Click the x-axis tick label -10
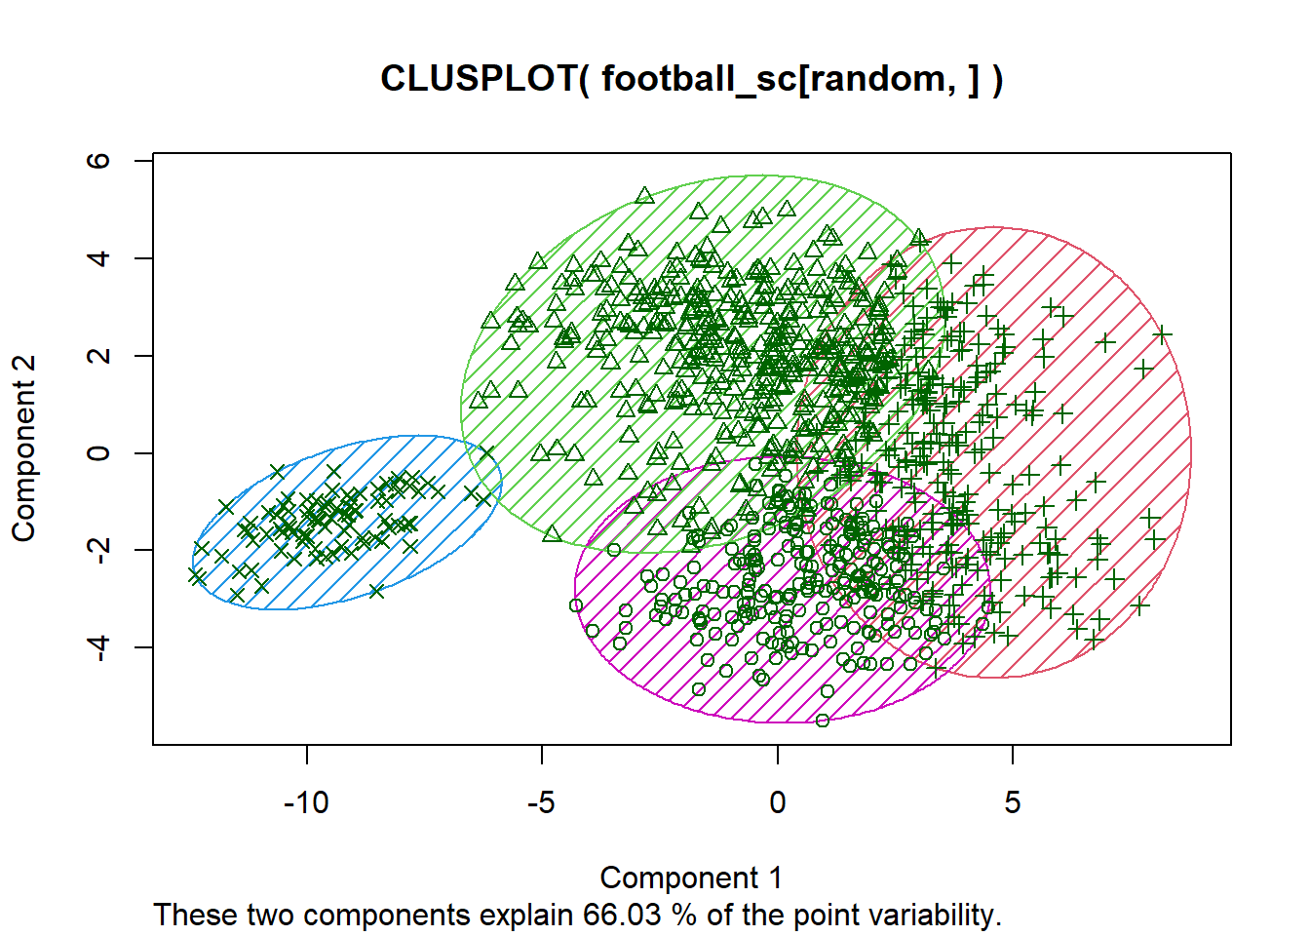pos(306,802)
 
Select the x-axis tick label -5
pos(541,802)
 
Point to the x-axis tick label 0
pos(777,802)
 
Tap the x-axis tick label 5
pos(1013,802)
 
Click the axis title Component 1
pos(691,877)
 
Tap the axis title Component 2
pos(23,448)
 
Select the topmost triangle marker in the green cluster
pos(644,196)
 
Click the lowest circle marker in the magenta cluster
pos(823,721)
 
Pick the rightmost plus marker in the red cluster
pos(1162,334)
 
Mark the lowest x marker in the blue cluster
pos(237,594)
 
